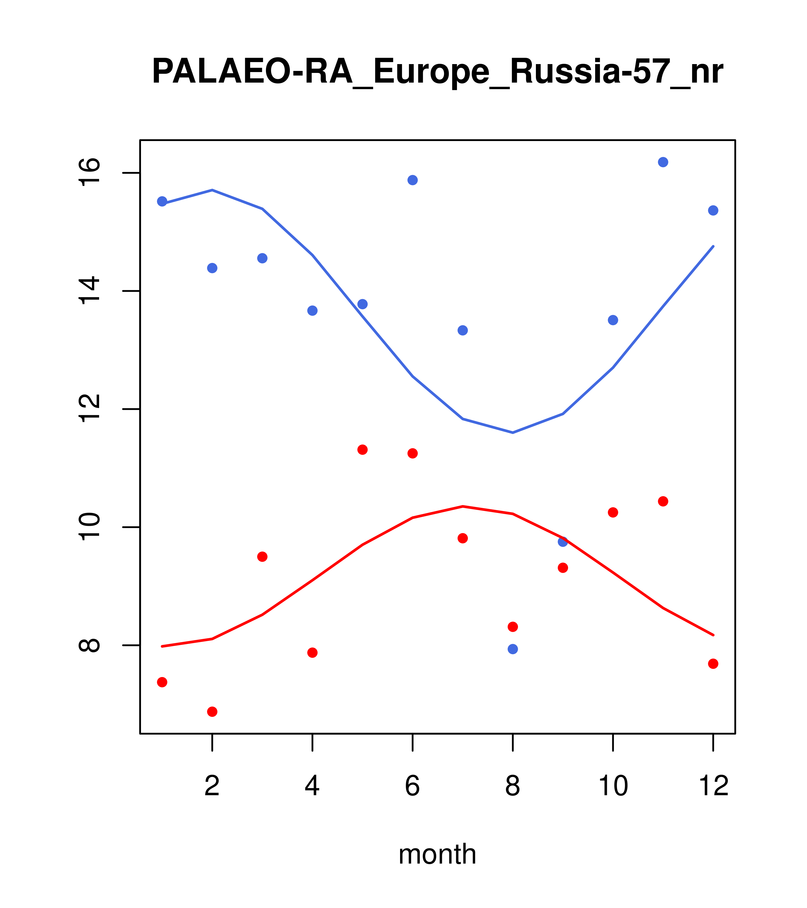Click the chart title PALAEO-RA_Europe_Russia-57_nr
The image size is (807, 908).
tap(437, 71)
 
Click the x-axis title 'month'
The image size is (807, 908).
tap(437, 854)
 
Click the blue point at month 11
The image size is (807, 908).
tap(663, 162)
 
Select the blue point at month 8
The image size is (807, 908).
tap(513, 649)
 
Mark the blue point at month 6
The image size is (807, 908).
tap(413, 180)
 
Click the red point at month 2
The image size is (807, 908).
tap(212, 712)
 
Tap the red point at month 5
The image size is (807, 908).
tap(362, 449)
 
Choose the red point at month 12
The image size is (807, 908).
tap(713, 664)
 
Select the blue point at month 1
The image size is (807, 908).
tap(162, 201)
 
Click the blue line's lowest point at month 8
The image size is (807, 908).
tap(513, 433)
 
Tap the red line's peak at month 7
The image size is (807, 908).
tap(463, 506)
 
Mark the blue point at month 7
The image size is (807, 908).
tap(463, 330)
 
